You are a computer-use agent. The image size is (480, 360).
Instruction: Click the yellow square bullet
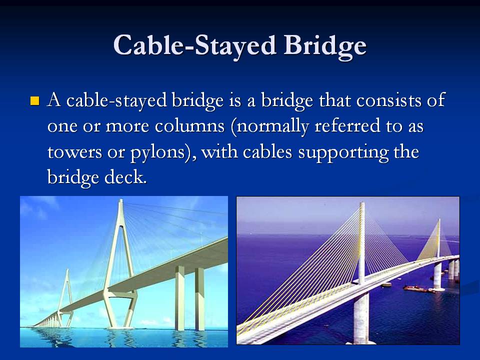click(34, 101)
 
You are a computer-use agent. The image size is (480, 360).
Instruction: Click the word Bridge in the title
click(325, 46)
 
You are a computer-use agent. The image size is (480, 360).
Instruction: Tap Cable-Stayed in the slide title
click(193, 46)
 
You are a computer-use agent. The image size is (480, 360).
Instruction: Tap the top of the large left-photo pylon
click(120, 202)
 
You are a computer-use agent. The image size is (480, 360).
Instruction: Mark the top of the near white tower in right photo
click(361, 205)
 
